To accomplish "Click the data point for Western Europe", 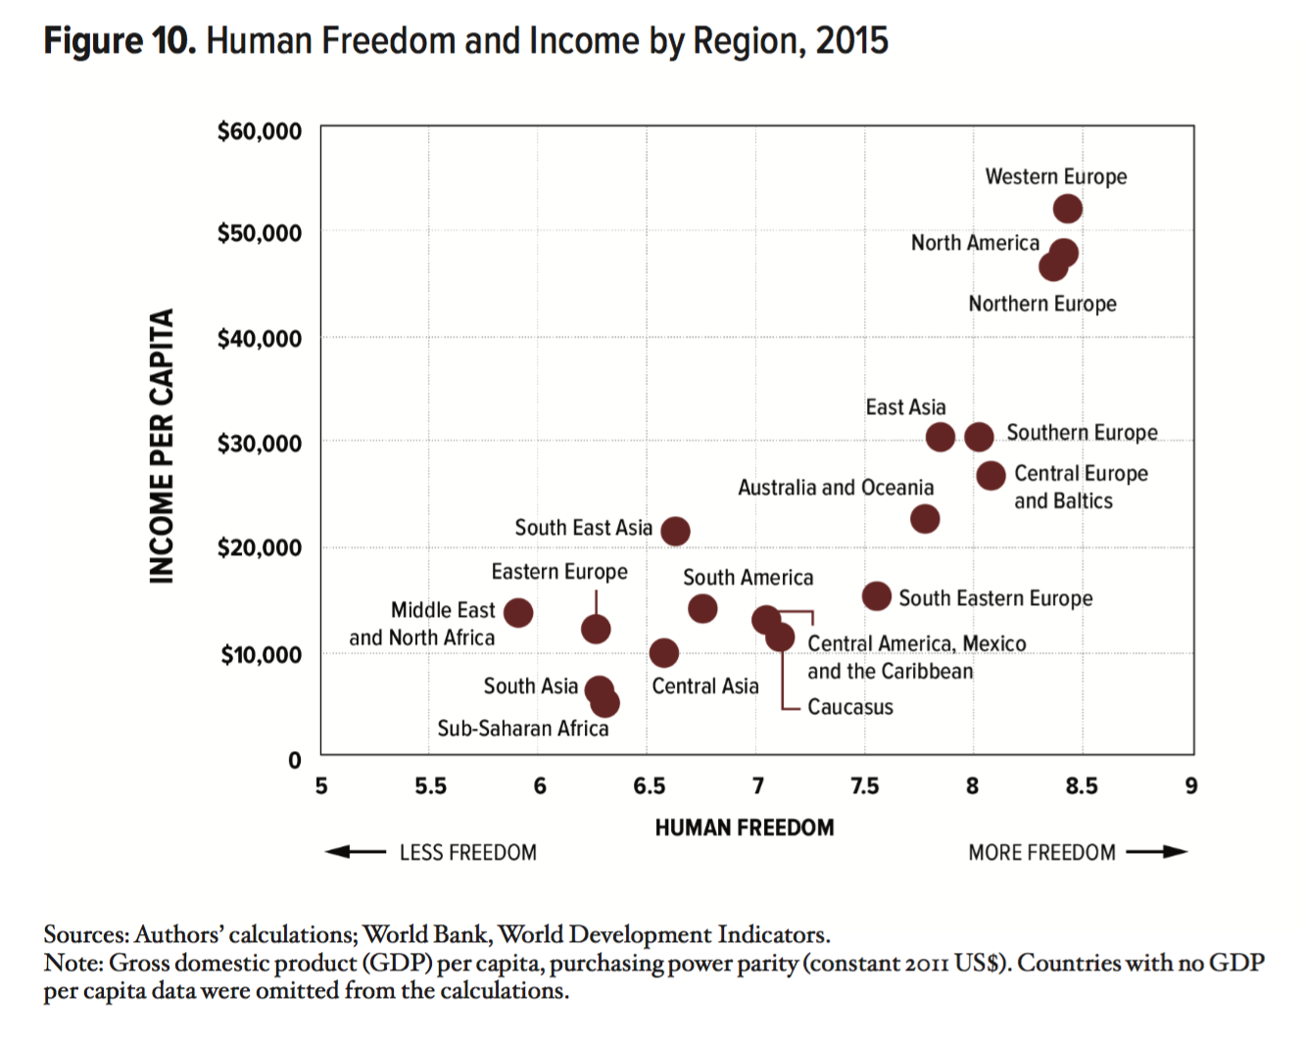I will [1067, 209].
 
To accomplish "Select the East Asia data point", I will [940, 437].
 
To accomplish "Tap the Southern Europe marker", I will [979, 437].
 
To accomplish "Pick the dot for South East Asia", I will [675, 531].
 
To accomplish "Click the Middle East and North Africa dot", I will [518, 613].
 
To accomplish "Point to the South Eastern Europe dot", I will [876, 595].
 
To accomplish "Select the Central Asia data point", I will [663, 652].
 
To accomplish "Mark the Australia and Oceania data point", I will [924, 518].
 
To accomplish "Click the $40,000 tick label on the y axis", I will [260, 339].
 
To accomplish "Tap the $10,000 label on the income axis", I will [261, 654].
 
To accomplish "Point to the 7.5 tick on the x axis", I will [864, 786].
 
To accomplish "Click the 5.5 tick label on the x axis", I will [430, 786].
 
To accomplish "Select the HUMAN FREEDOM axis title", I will [745, 828].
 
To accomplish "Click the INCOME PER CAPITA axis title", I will [162, 447].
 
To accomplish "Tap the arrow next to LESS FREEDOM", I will [356, 852].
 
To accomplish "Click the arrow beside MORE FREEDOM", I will [1157, 852].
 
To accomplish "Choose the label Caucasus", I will [849, 707].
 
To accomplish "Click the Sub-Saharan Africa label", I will [522, 729].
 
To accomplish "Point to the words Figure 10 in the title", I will [120, 41].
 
